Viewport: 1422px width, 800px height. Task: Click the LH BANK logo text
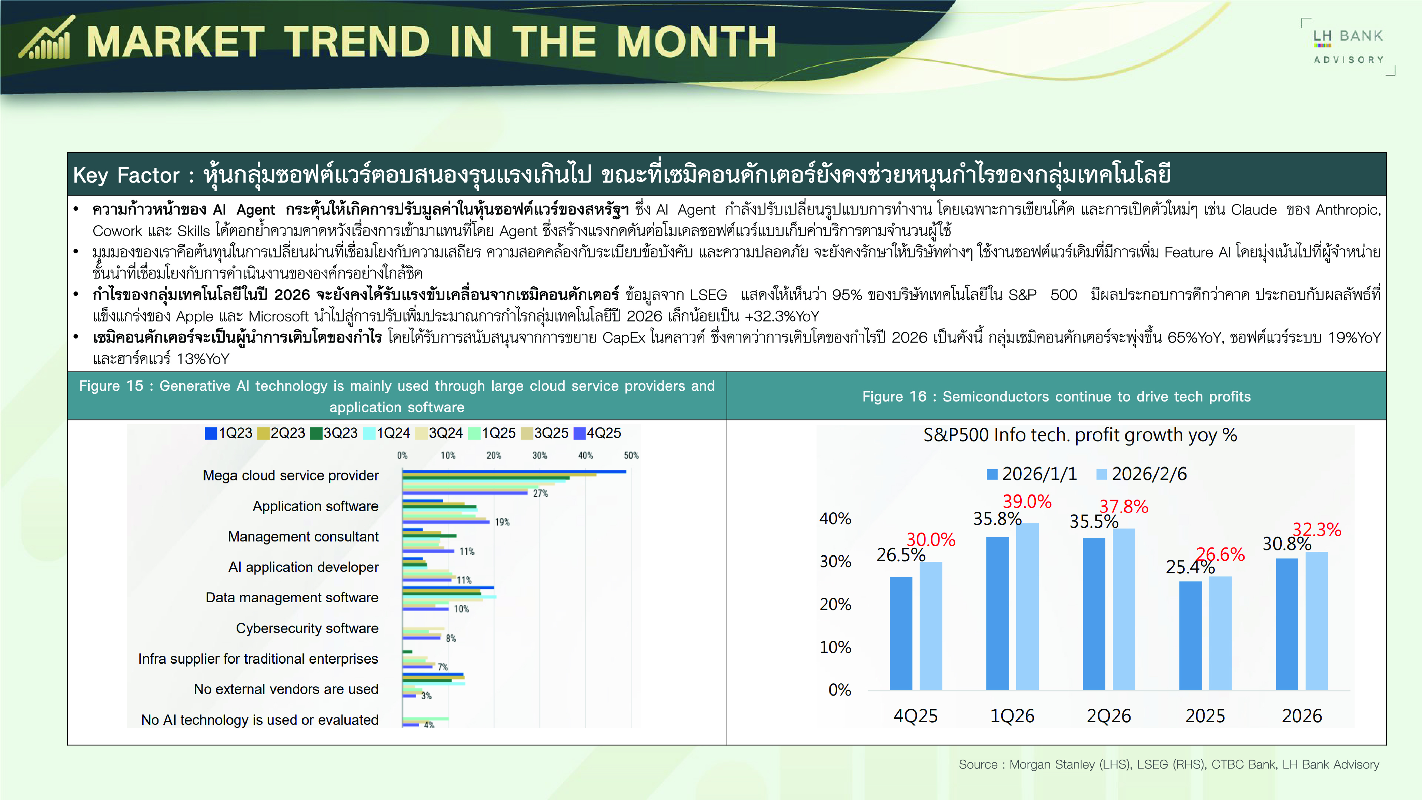click(x=1348, y=36)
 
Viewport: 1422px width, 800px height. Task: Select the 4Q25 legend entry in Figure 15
click(x=597, y=433)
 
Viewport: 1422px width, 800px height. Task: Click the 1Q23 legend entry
click(x=228, y=433)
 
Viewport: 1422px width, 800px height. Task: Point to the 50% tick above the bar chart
click(x=631, y=456)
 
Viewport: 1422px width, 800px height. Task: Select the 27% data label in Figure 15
click(x=540, y=494)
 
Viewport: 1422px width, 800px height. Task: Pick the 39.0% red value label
click(x=1027, y=501)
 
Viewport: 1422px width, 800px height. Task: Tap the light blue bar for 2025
click(x=1220, y=633)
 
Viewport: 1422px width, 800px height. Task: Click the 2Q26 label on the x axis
click(x=1108, y=716)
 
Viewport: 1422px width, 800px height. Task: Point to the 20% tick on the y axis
click(x=835, y=604)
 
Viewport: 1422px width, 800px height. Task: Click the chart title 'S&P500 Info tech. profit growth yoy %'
click(x=1080, y=436)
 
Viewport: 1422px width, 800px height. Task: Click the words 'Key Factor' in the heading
click(x=126, y=175)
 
